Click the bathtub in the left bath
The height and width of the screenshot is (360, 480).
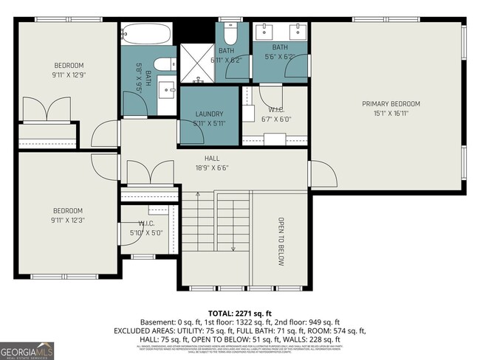[148, 33]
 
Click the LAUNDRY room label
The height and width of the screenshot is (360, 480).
[209, 114]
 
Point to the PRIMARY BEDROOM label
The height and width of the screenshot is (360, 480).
[391, 104]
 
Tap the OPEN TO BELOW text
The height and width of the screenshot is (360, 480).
[281, 240]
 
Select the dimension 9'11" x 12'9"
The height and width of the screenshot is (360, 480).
[69, 75]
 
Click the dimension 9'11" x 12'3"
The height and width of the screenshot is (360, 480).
[67, 220]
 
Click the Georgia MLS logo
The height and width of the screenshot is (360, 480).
[27, 349]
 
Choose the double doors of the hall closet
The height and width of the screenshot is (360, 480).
[149, 173]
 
